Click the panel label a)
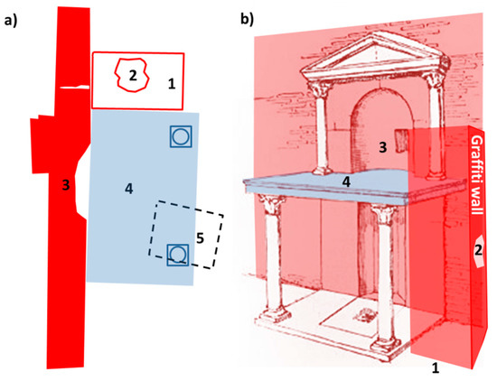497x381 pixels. pyautogui.click(x=10, y=21)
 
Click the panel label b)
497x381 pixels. pyautogui.click(x=248, y=19)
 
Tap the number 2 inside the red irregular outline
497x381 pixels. pyautogui.click(x=133, y=75)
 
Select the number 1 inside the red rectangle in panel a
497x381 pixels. pyautogui.click(x=172, y=84)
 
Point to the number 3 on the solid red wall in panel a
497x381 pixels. pyautogui.click(x=66, y=185)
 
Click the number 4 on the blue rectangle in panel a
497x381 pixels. pyautogui.click(x=128, y=189)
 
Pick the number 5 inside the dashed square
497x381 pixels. pyautogui.click(x=200, y=238)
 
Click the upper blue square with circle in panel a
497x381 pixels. pyautogui.click(x=181, y=136)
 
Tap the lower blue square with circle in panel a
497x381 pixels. pyautogui.click(x=178, y=255)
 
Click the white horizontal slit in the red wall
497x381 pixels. pyautogui.click(x=74, y=87)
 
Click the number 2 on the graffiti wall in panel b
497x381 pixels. pyautogui.click(x=478, y=251)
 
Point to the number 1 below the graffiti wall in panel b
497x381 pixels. pyautogui.click(x=436, y=368)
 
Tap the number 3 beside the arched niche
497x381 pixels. pyautogui.click(x=383, y=147)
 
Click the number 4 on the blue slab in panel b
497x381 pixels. pyautogui.click(x=346, y=181)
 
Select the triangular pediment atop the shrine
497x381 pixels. pyautogui.click(x=375, y=57)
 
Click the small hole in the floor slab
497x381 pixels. pyautogui.click(x=366, y=315)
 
